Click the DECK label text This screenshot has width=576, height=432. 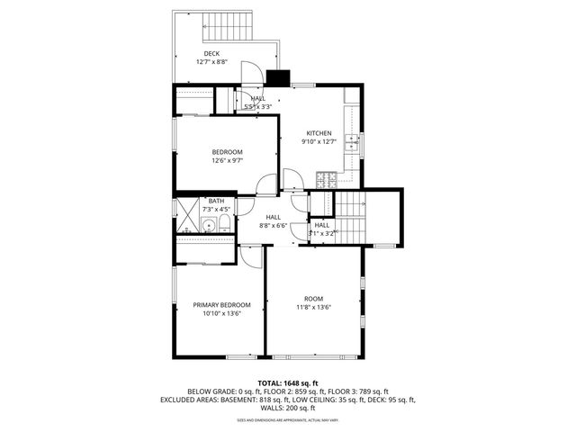211,54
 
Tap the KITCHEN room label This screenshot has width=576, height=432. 319,133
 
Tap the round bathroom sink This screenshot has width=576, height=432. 206,225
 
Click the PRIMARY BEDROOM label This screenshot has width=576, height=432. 221,305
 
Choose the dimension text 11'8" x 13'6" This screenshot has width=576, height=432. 313,307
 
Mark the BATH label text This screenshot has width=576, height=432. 216,202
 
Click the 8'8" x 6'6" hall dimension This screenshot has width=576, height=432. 274,225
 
